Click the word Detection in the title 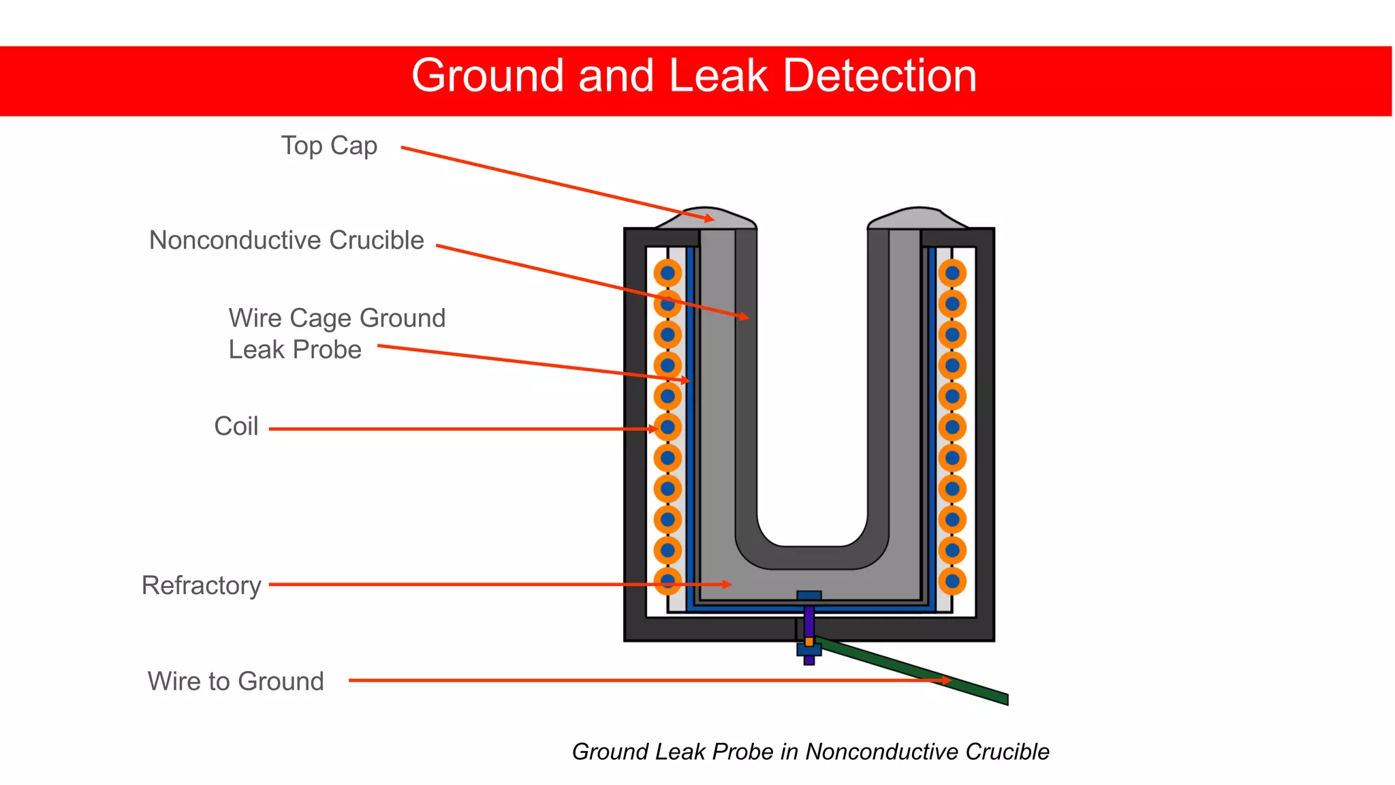click(879, 76)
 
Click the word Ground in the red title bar click(488, 76)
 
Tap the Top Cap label click(329, 146)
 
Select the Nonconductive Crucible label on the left click(286, 241)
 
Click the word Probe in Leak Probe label click(328, 350)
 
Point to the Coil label click(236, 427)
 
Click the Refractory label click(201, 585)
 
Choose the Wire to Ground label click(236, 681)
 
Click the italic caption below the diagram click(810, 752)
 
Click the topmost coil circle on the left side click(668, 273)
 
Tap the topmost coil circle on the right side click(952, 273)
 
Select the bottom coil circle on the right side click(952, 581)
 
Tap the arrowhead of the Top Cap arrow click(710, 219)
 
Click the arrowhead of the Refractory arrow click(727, 584)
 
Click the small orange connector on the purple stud click(809, 642)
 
